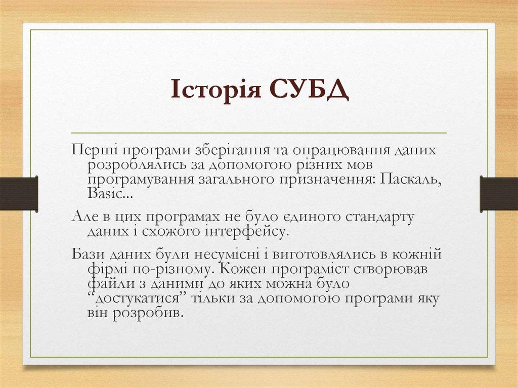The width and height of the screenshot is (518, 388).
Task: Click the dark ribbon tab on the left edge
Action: click(19, 193)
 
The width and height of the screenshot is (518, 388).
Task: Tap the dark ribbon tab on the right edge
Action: click(499, 193)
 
